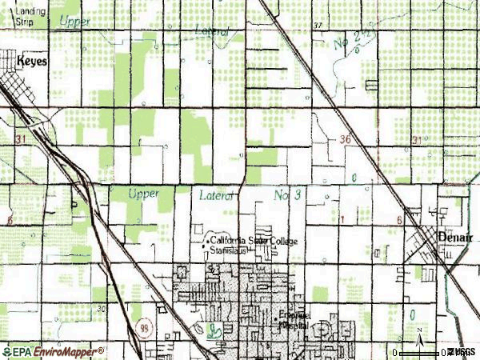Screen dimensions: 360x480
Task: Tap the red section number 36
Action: (x=344, y=138)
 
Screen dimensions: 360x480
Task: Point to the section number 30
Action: (x=99, y=308)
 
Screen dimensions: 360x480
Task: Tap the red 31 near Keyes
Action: (x=19, y=139)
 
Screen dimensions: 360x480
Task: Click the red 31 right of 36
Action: (x=415, y=139)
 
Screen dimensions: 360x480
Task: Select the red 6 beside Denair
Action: (x=398, y=218)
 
